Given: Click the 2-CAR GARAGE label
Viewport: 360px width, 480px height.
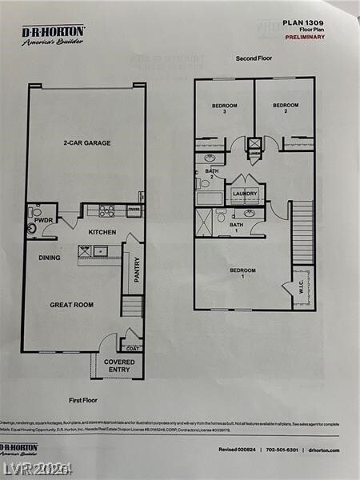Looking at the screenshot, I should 87,143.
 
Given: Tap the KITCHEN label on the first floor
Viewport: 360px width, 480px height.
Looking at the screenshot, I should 102,232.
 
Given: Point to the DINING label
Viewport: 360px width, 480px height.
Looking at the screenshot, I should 50,258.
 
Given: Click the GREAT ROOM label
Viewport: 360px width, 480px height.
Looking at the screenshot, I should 71,305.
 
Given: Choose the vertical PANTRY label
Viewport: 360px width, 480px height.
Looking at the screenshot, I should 137,270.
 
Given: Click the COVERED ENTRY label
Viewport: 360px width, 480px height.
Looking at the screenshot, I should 119,366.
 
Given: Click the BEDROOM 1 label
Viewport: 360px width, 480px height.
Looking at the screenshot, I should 242,274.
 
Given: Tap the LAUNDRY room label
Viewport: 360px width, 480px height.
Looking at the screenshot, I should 245,194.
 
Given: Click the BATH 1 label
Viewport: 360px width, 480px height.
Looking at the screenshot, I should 236,228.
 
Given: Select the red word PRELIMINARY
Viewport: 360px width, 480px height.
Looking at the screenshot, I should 305,37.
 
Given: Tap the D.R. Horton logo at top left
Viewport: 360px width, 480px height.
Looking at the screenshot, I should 53,34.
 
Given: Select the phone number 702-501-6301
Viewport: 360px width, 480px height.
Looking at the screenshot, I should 277,450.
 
